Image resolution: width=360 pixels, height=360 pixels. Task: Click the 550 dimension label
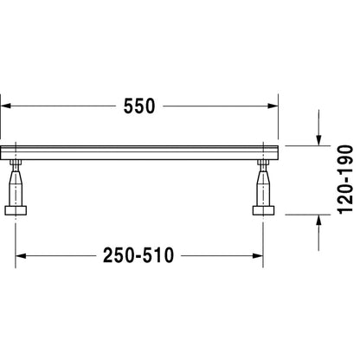coord(139,106)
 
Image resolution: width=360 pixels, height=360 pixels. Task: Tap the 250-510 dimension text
coord(138,255)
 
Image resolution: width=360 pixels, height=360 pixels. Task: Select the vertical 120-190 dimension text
coord(345,180)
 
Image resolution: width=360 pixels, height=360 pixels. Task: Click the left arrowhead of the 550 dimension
coord(6,106)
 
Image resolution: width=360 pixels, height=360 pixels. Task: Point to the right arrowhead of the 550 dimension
coord(273,106)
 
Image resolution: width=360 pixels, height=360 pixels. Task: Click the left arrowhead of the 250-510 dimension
coord(21,256)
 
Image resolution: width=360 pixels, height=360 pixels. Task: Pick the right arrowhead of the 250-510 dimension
coord(258,256)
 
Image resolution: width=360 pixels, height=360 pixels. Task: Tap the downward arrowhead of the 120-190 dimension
coord(318,140)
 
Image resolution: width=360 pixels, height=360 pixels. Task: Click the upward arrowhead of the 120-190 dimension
coord(318,221)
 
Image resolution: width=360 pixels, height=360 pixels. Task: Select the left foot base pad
coord(16,210)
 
